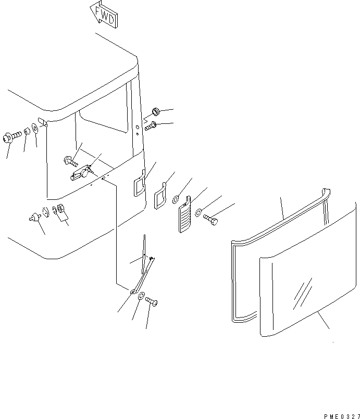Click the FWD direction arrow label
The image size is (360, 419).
click(104, 15)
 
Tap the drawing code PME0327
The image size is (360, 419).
click(342, 416)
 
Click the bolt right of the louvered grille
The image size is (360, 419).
click(210, 219)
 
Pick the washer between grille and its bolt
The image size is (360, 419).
click(198, 213)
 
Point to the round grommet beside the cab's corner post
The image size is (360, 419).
click(156, 111)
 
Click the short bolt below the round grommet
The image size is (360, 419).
click(151, 126)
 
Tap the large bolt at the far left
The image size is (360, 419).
click(11, 137)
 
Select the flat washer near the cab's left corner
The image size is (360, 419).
click(35, 128)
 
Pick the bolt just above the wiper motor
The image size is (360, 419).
click(71, 161)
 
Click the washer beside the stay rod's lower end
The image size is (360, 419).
click(141, 296)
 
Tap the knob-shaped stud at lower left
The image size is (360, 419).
click(35, 217)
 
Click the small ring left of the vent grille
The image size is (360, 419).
click(176, 199)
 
